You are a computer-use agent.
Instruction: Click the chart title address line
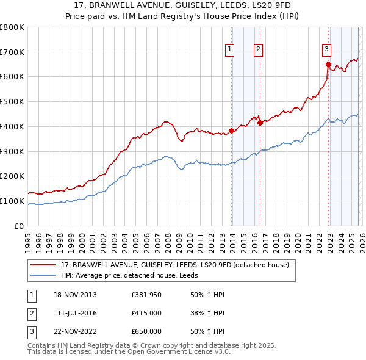[182, 5]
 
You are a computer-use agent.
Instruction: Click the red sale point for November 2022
[328, 64]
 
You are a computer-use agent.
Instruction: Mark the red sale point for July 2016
[260, 123]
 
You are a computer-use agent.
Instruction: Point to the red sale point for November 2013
[232, 131]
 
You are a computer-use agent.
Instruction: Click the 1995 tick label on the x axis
[28, 242]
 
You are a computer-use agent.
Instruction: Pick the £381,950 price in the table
[146, 295]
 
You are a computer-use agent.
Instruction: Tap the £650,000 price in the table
[146, 331]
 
